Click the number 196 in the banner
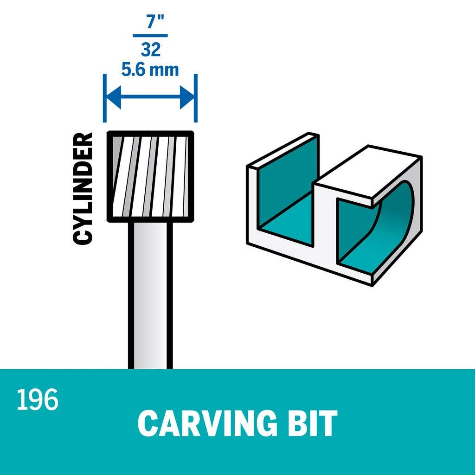pos(38,399)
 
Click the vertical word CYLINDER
pos(83,188)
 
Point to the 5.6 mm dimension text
pos(150,70)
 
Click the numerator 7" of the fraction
pos(155,21)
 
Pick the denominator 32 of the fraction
pos(150,49)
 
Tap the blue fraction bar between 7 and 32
pos(150,36)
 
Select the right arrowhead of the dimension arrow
pos(187,97)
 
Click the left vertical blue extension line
pos(104,98)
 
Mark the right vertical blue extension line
pos(196,98)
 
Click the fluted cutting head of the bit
pos(151,177)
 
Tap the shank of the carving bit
pos(151,295)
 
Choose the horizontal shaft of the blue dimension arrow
pos(150,97)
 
